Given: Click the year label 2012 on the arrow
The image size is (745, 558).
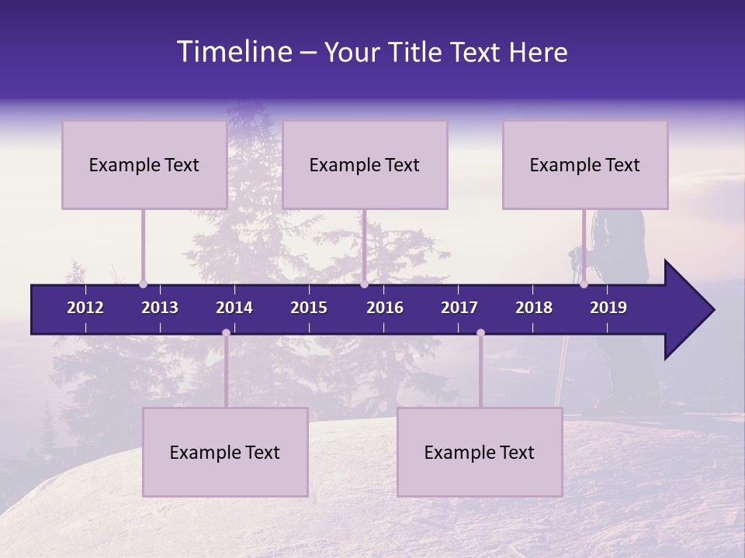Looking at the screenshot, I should point(85,308).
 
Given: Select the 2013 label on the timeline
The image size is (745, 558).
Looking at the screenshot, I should point(160,308).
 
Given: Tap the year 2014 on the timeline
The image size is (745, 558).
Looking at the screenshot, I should point(234,308).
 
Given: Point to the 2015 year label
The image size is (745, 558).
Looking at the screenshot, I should point(309,308).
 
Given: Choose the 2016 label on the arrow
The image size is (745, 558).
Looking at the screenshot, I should point(385,308).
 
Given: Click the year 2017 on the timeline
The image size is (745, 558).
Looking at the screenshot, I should point(459,308).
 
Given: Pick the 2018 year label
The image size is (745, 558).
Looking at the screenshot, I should point(534,308).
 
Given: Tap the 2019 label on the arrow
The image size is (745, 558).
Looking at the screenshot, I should point(608,308).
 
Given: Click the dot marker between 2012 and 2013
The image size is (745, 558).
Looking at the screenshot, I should point(143,284).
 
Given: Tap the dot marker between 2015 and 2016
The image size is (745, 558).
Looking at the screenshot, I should point(364,284).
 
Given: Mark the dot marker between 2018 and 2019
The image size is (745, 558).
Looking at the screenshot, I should point(584,284).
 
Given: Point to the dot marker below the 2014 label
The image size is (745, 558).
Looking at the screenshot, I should point(226,332).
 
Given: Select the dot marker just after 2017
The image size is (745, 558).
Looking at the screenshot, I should point(480,332).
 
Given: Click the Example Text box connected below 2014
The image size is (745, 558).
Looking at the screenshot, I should point(225,452).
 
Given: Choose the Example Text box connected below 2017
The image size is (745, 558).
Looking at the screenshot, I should point(480,452).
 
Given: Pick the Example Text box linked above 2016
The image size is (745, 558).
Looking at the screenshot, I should point(365,164).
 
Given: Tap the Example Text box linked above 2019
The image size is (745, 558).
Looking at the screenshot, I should point(585,164).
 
